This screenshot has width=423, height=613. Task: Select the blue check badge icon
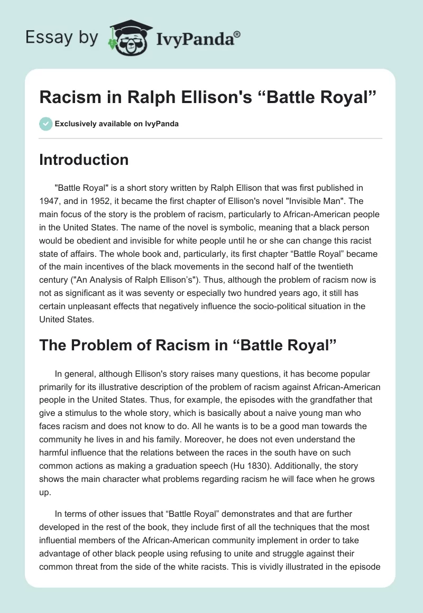coord(45,124)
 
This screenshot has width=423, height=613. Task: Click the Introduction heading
coord(84,160)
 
